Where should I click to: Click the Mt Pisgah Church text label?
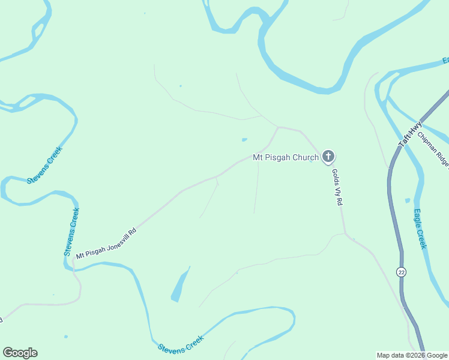pos(285,158)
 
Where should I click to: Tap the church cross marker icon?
pos(328,157)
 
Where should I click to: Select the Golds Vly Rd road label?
pos(337,187)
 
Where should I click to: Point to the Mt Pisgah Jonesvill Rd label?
pos(106,244)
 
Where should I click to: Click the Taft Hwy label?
pos(411,135)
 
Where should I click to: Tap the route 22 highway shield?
pos(401,272)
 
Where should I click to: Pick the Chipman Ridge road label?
pos(434,149)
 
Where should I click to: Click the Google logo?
pos(20,353)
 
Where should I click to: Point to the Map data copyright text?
pos(412,355)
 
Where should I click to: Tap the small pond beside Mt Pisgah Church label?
pos(244,140)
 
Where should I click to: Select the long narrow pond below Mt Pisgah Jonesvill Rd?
pos(180,285)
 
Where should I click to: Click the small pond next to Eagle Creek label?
pos(408,200)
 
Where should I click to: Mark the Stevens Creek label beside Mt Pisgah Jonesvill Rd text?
pos(71,232)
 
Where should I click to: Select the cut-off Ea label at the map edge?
pos(445,60)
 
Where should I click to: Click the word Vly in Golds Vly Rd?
pos(337,188)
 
